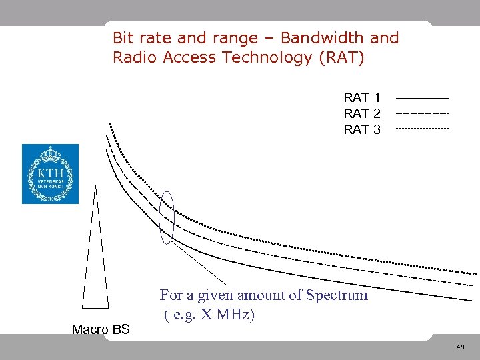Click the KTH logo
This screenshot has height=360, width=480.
click(50, 174)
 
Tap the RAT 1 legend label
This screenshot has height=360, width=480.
click(362, 98)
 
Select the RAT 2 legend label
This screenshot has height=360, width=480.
click(362, 113)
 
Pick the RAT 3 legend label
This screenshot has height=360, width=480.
click(362, 129)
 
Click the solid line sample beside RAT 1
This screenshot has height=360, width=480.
click(423, 99)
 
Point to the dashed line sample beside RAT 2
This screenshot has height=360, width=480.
click(423, 113)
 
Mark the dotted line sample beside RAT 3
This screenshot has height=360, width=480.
click(423, 128)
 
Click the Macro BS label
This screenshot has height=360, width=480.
click(101, 329)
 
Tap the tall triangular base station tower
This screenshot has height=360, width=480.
click(95, 267)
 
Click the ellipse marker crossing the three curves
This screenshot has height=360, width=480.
click(167, 217)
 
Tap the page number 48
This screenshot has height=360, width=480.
click(460, 347)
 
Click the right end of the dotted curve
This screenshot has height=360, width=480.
click(473, 274)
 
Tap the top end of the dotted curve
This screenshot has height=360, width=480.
click(110, 125)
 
